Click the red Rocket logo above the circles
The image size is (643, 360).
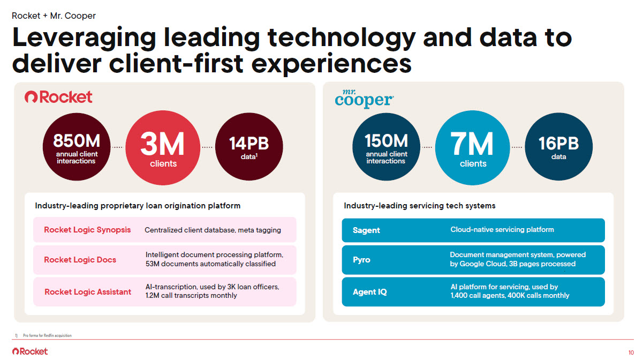click(x=58, y=97)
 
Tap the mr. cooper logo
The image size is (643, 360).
click(x=364, y=99)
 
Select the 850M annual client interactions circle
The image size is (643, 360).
click(x=77, y=147)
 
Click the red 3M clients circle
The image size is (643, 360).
click(x=163, y=147)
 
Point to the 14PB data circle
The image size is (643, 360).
click(x=249, y=147)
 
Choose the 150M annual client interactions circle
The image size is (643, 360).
click(x=386, y=147)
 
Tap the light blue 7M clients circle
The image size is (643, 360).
click(x=472, y=147)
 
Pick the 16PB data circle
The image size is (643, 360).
click(x=558, y=147)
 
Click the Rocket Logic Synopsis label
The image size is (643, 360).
click(x=87, y=230)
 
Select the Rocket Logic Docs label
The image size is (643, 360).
click(x=80, y=260)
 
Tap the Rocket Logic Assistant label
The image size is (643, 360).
click(x=88, y=292)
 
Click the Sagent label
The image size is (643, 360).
click(x=366, y=230)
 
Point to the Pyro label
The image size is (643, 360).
click(x=361, y=260)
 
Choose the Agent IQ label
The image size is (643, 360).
click(x=369, y=292)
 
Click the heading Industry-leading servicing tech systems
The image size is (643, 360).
click(x=419, y=206)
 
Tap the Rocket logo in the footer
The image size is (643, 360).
click(x=30, y=351)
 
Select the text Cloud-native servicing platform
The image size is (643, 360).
click(x=502, y=230)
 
